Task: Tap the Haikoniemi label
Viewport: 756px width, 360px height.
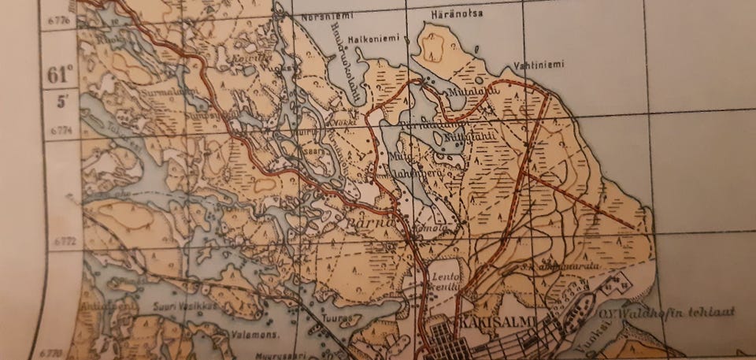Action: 380,39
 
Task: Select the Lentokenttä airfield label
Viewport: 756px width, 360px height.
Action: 445,284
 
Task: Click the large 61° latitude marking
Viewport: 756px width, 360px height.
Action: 60,76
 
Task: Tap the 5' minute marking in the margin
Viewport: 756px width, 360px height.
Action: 60,102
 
